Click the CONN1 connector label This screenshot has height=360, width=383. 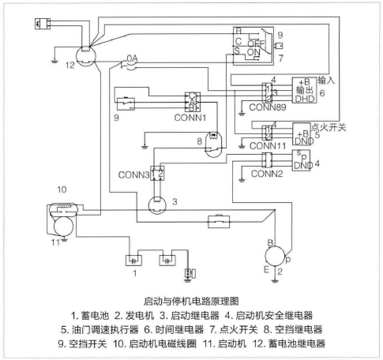(190, 118)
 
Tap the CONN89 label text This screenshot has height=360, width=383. (268, 107)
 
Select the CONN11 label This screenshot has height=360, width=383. (268, 146)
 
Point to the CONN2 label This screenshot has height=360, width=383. (267, 174)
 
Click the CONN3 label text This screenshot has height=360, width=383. (133, 174)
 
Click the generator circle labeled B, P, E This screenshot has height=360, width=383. (275, 256)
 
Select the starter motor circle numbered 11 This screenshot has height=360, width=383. (63, 226)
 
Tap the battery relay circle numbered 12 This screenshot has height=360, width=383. (85, 56)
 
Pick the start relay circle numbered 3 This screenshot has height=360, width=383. (157, 205)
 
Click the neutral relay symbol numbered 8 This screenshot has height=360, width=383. (213, 144)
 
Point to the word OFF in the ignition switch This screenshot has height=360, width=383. (256, 43)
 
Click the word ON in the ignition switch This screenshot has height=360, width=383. (253, 52)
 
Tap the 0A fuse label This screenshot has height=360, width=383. (132, 58)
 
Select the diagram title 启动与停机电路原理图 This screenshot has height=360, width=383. (191, 301)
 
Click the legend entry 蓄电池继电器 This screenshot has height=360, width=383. (296, 343)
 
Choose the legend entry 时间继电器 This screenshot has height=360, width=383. (180, 329)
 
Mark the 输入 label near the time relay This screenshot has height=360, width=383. (326, 80)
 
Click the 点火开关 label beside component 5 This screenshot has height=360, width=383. (329, 127)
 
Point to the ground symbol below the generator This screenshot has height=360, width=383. (275, 281)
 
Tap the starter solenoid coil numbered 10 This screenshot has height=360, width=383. (63, 209)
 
